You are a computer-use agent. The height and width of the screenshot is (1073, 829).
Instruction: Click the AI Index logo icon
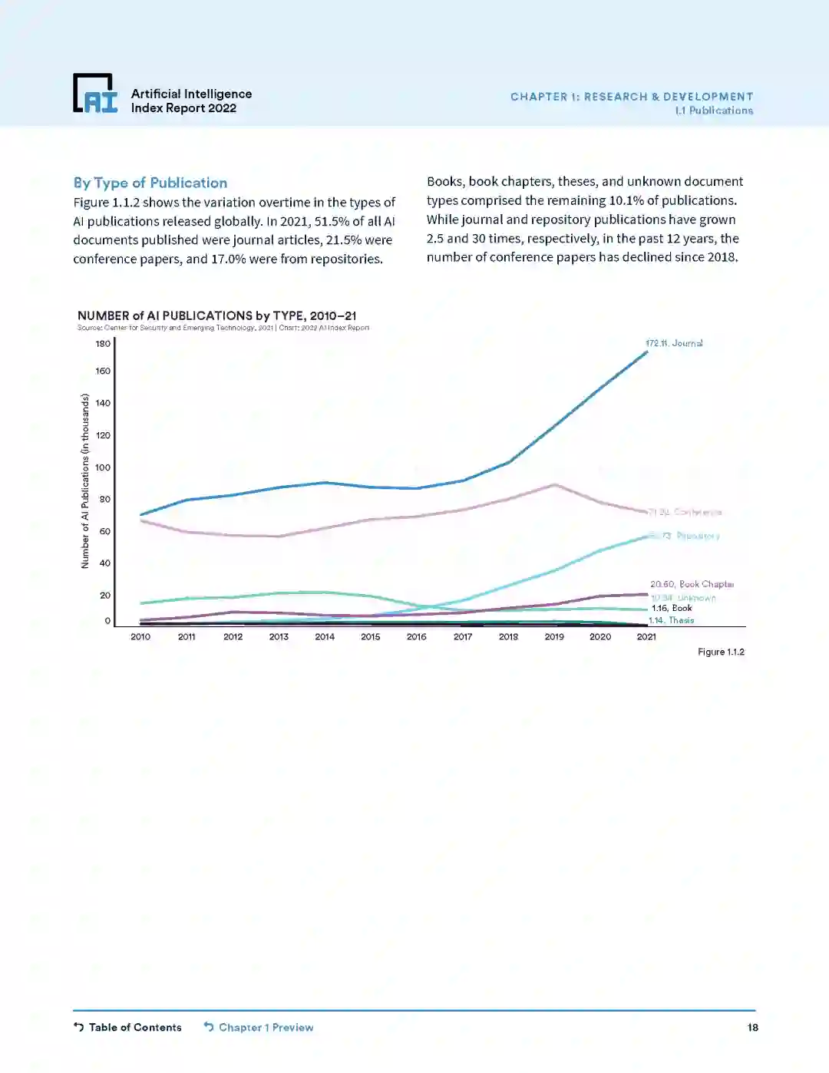click(x=95, y=93)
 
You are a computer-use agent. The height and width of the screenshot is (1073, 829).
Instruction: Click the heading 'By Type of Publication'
click(x=150, y=183)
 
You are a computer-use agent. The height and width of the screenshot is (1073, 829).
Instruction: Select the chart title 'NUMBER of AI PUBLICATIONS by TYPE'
click(x=216, y=315)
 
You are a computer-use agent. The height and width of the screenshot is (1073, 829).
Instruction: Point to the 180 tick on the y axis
click(x=103, y=343)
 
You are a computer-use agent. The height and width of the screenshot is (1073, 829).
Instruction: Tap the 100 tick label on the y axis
click(x=103, y=467)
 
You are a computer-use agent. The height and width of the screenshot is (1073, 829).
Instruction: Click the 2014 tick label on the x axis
click(x=325, y=637)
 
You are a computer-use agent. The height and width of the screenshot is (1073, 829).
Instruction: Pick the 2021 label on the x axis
click(x=646, y=637)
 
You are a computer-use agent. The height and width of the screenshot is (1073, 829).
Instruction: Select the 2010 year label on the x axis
click(x=140, y=637)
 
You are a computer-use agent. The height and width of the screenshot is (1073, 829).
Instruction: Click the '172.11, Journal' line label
click(x=674, y=343)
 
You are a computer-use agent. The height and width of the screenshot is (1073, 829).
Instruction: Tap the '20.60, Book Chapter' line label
click(x=692, y=584)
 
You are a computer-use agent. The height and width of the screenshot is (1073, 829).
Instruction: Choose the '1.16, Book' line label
click(x=672, y=608)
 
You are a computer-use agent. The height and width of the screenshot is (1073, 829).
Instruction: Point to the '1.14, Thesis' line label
click(x=671, y=620)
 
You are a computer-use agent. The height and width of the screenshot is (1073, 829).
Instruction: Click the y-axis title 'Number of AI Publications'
click(x=85, y=481)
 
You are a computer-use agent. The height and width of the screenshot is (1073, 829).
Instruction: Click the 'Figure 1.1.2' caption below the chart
click(x=721, y=652)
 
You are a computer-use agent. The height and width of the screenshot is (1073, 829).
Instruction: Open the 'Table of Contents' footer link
click(x=128, y=1028)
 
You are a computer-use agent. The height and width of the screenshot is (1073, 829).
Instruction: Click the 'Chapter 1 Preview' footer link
click(x=259, y=1028)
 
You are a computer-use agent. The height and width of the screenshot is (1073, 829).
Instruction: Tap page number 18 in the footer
click(x=752, y=1028)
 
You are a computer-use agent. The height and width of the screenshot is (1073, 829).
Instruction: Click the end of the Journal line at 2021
click(x=646, y=352)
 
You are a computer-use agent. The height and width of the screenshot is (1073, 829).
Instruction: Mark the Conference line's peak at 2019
click(x=554, y=484)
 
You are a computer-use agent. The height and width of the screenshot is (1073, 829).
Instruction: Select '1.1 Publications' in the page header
click(x=714, y=111)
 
